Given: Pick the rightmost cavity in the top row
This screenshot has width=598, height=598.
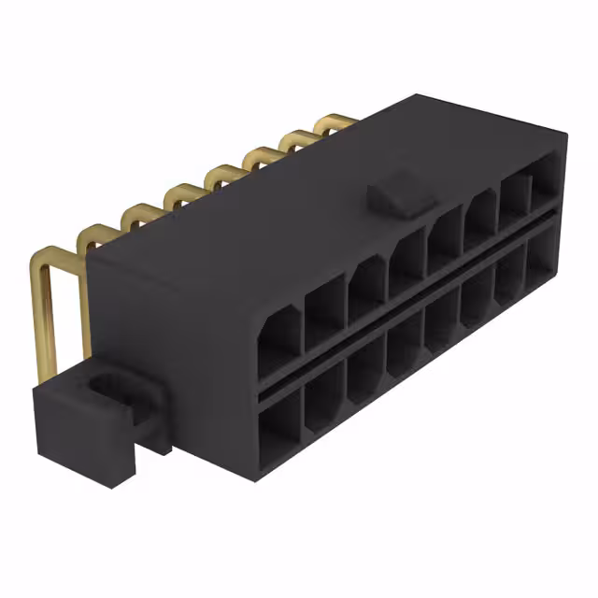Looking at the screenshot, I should click(x=545, y=182).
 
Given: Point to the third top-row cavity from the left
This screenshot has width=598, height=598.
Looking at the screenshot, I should click(x=367, y=287).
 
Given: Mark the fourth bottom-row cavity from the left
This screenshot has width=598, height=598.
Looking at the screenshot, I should click(x=405, y=342).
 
